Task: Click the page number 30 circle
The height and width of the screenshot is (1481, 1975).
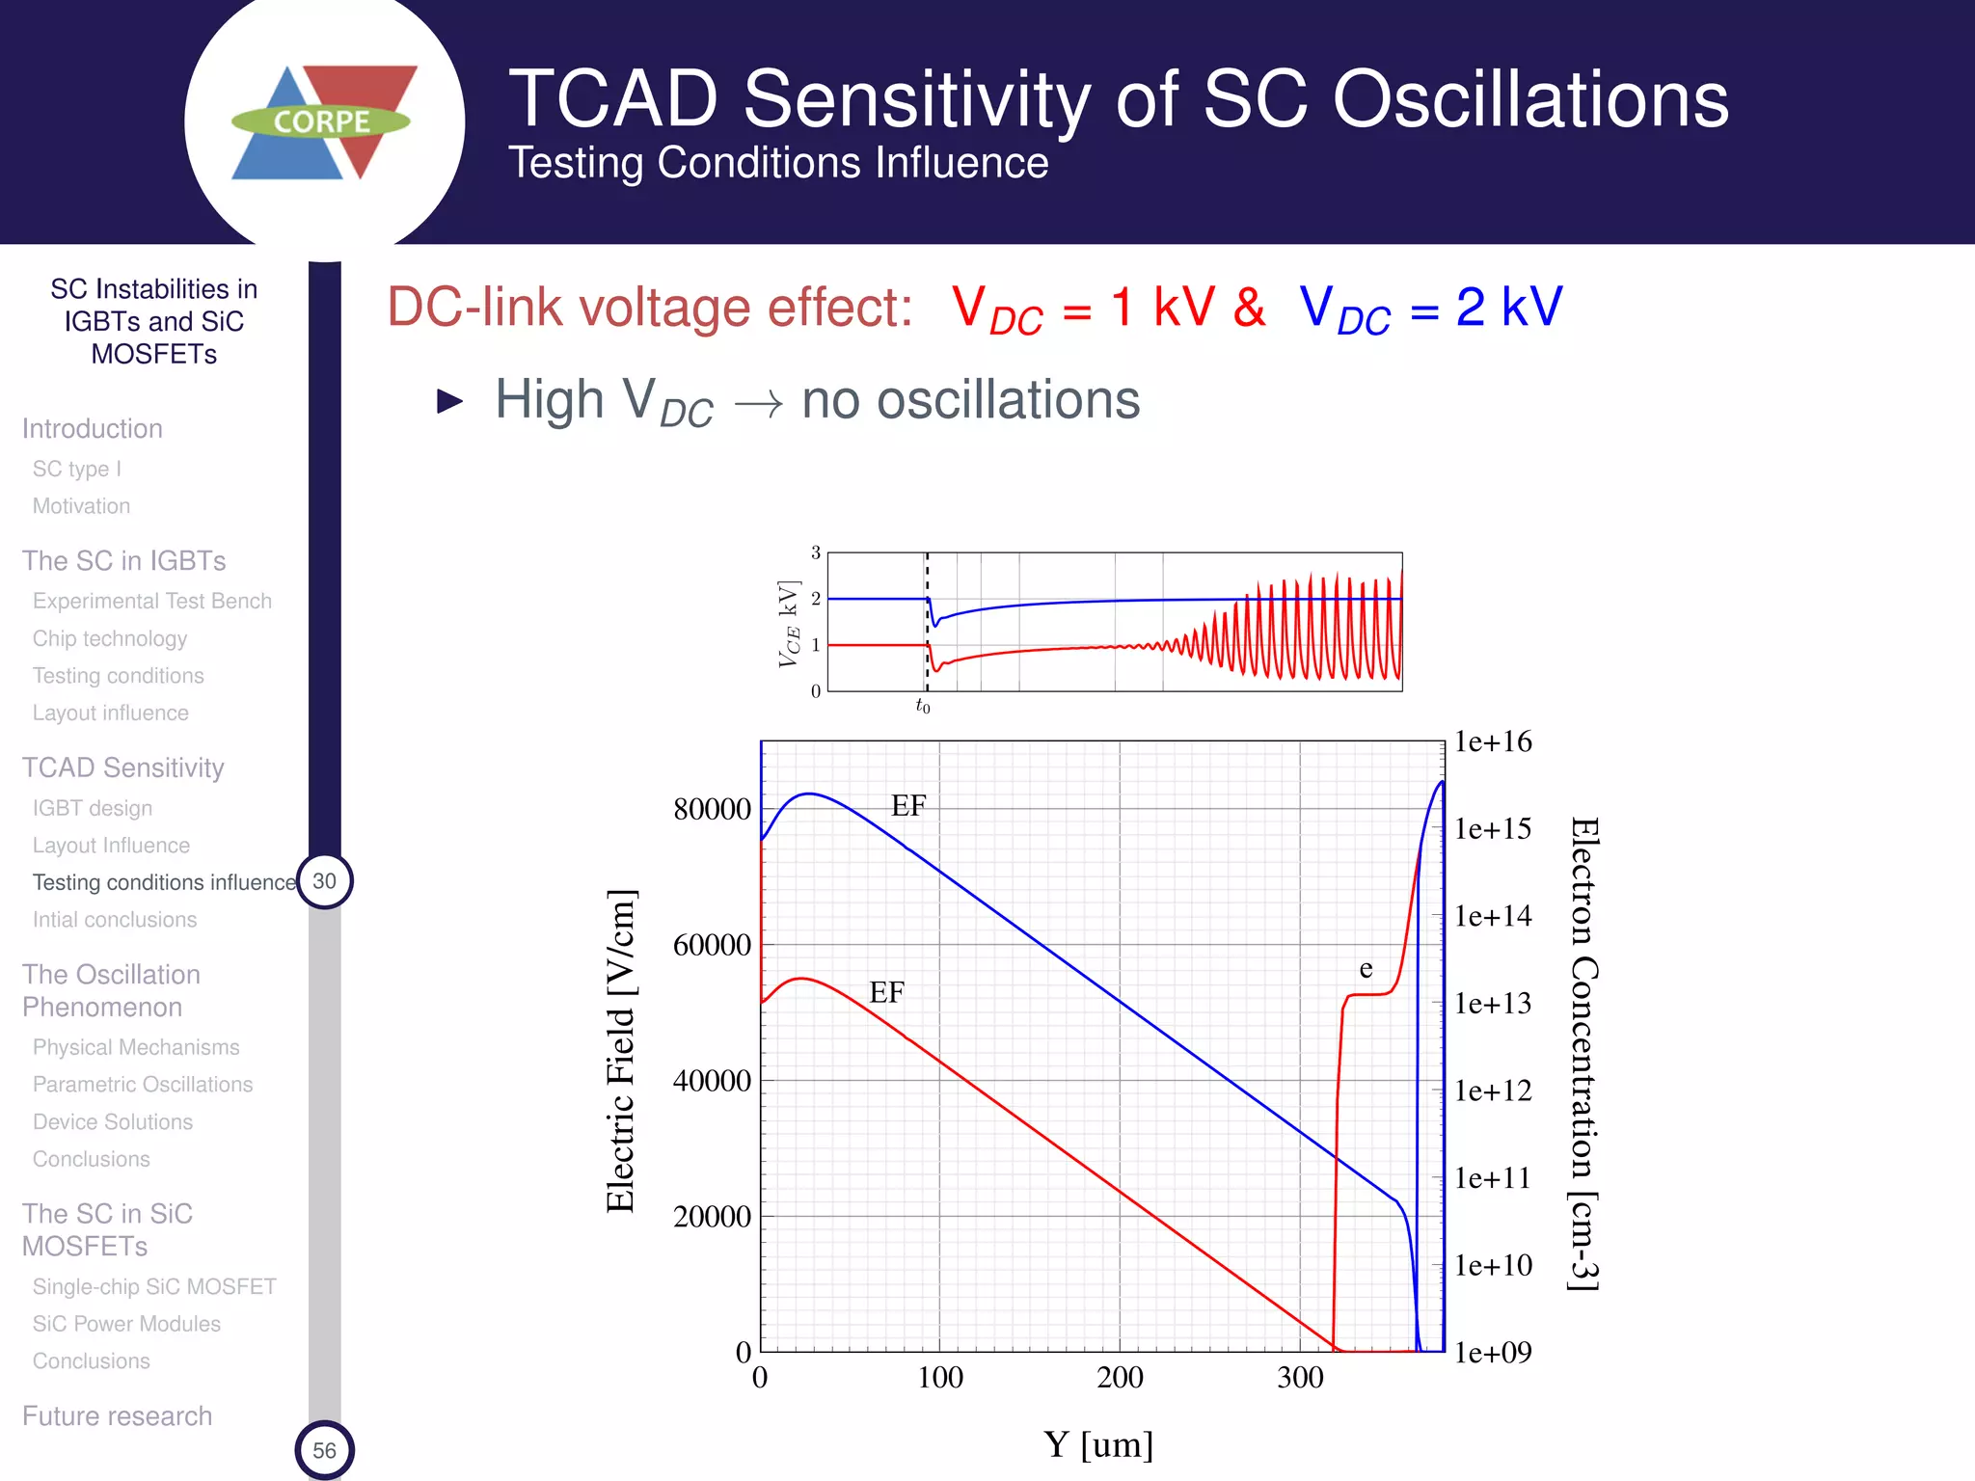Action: (324, 881)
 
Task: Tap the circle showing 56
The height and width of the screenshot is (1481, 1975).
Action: (324, 1450)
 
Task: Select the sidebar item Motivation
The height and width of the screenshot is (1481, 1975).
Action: (81, 506)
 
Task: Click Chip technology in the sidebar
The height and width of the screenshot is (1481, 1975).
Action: (110, 638)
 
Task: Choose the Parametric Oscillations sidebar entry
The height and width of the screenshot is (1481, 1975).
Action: (143, 1085)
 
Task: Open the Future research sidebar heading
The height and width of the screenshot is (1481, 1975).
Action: (117, 1415)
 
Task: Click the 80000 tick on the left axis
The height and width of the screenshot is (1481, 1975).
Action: (712, 809)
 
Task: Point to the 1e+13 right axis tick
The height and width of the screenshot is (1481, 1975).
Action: (1493, 1004)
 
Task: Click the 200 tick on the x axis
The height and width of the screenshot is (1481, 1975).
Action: (1120, 1377)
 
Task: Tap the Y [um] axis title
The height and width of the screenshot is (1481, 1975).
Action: (1098, 1444)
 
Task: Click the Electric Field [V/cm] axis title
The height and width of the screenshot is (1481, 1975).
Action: (621, 1051)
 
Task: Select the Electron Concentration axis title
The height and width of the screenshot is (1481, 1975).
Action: (1583, 1053)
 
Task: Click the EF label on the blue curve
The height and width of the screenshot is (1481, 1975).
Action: (908, 806)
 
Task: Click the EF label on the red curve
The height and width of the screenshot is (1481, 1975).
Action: (886, 992)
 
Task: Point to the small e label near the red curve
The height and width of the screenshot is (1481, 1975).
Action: (1366, 968)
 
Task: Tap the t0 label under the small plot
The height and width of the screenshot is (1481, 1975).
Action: (922, 706)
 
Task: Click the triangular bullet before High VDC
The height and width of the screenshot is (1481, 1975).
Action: (449, 400)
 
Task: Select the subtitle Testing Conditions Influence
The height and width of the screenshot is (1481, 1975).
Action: (778, 163)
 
